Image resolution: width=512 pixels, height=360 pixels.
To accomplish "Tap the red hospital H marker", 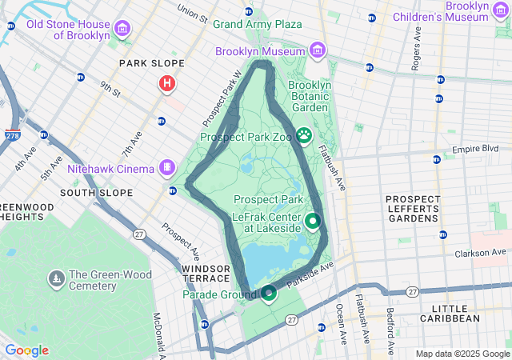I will coord(167,83).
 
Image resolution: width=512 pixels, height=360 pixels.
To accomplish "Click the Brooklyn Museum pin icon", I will coord(318,52).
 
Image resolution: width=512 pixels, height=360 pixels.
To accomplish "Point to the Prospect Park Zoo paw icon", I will coord(304,136).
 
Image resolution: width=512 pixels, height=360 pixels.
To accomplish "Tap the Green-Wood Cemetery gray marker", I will coord(57,278).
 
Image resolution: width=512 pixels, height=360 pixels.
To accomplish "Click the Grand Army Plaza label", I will coord(257,25).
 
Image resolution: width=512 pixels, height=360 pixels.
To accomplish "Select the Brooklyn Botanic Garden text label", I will coord(309,96).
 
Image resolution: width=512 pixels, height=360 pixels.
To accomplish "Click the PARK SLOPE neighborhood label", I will coord(152,63).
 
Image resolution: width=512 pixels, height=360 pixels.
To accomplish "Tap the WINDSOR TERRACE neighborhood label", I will coord(206,273).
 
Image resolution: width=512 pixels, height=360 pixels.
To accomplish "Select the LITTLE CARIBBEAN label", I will coord(455,313).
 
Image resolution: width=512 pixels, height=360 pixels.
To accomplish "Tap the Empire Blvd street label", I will coord(475,149).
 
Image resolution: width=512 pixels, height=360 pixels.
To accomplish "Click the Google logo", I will coord(26,350).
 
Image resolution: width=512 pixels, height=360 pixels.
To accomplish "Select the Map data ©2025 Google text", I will coord(462,354).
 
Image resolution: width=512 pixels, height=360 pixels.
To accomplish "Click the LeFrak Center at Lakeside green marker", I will coord(313,221).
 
